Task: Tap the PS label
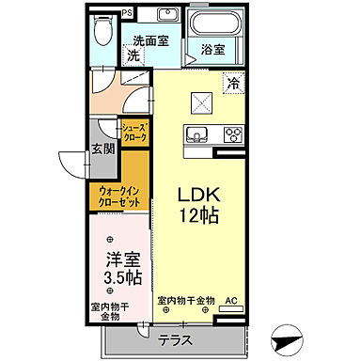pos(128,15)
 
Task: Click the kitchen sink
pos(197,133)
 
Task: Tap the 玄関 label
pos(102,149)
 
